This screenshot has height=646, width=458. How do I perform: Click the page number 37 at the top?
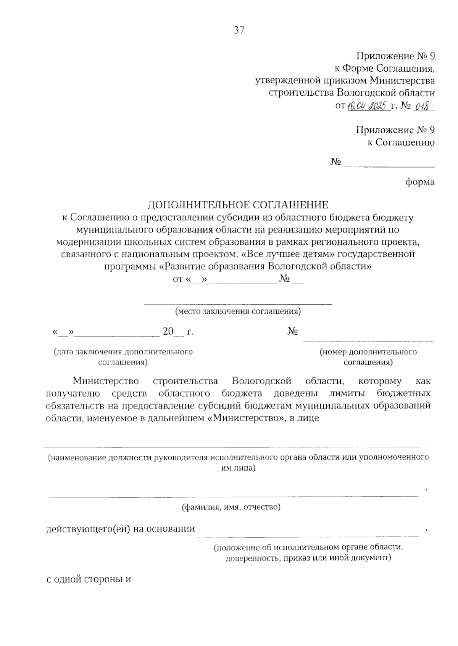239,30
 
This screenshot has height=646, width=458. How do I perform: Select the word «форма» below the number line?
420,182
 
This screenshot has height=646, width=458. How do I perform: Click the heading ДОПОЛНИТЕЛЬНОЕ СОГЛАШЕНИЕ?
238,205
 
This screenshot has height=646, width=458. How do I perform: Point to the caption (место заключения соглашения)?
238,311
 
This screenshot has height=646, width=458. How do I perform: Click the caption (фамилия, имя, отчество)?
231,507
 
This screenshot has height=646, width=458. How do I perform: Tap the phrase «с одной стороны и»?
89,580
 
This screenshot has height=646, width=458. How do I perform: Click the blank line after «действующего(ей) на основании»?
308,535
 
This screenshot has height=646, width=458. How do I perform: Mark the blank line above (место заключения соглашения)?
238,304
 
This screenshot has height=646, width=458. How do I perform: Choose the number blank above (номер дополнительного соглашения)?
368,340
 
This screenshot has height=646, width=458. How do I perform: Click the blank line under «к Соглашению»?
389,166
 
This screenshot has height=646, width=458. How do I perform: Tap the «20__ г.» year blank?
178,332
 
